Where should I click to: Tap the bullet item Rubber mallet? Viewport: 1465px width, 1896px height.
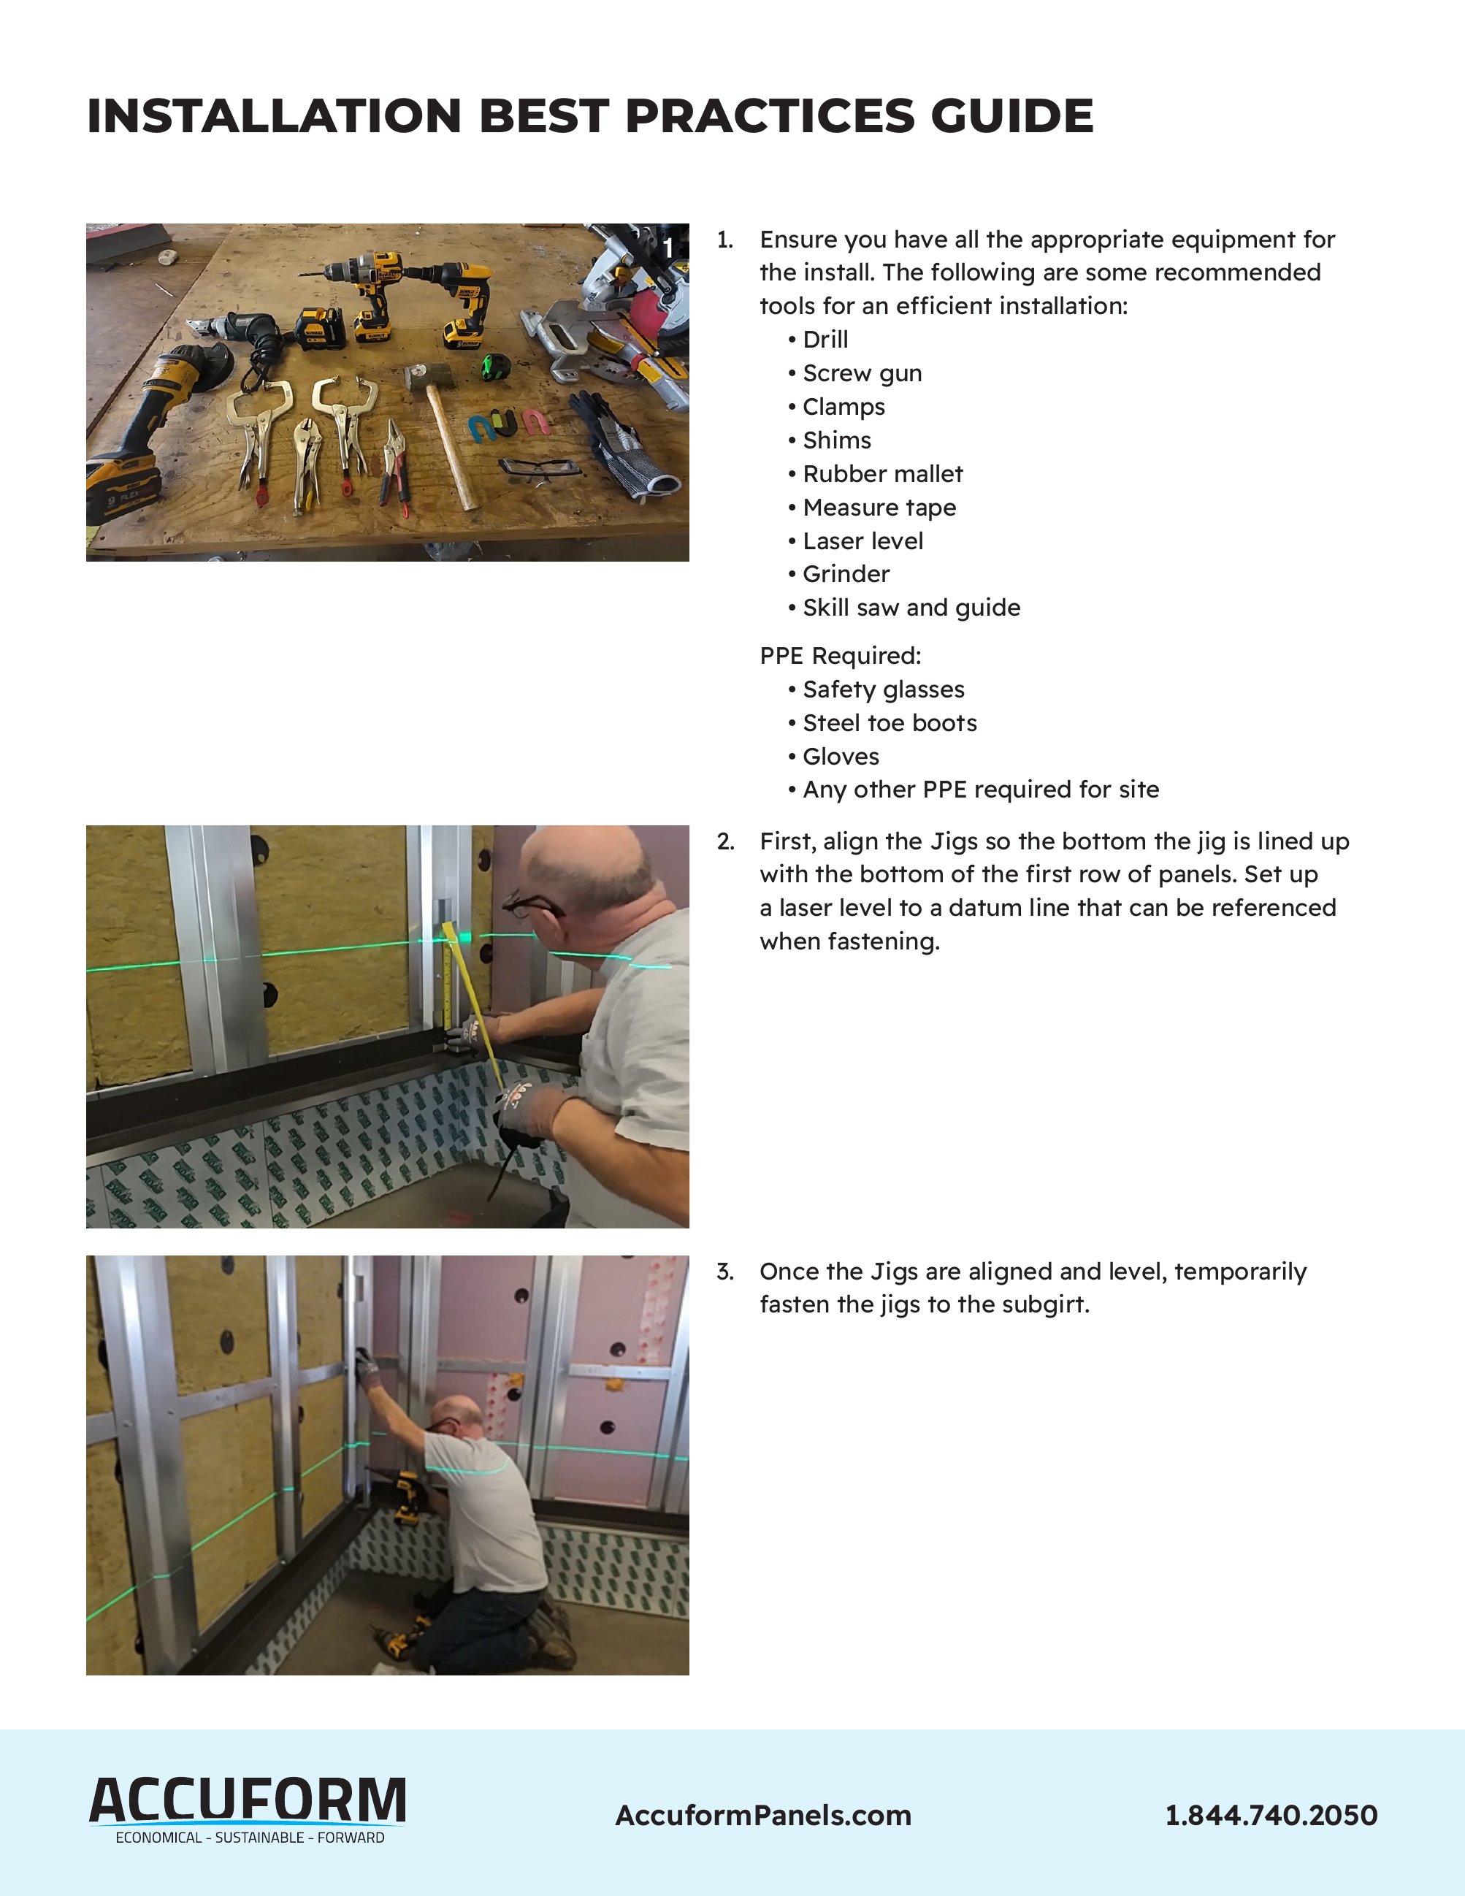click(881, 474)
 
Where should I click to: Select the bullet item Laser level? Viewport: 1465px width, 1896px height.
click(862, 541)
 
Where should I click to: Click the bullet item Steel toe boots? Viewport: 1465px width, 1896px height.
click(889, 723)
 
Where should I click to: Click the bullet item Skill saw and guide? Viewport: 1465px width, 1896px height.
click(911, 608)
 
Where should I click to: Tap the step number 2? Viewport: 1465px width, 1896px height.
click(724, 841)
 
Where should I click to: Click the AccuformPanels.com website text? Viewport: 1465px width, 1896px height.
click(763, 1815)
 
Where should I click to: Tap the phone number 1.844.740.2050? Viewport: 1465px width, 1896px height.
click(1271, 1815)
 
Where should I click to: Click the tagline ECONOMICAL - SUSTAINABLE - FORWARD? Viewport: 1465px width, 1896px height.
click(250, 1838)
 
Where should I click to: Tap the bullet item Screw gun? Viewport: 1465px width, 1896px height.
click(861, 373)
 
